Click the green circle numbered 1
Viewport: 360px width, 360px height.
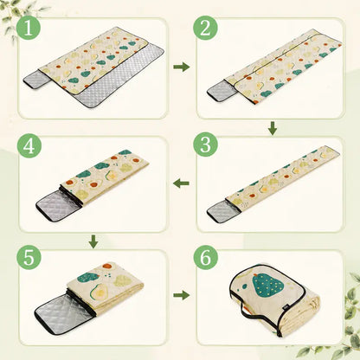tap(29, 29)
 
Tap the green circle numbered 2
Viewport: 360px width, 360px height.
tap(205, 29)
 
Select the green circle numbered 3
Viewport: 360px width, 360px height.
tap(205, 145)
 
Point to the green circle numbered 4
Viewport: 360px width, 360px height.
tap(29, 146)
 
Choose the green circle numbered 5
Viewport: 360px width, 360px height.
tap(29, 258)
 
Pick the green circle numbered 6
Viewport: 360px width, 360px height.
tap(205, 258)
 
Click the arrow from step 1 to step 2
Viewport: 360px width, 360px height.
tap(182, 67)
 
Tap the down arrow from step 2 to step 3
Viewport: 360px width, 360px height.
tap(273, 128)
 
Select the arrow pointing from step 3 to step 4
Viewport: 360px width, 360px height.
tap(181, 183)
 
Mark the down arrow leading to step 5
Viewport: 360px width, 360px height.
tap(93, 241)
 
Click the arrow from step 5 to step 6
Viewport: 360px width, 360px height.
tap(182, 295)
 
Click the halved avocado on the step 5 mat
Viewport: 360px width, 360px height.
tap(98, 292)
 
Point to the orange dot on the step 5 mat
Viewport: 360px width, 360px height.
tap(107, 267)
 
